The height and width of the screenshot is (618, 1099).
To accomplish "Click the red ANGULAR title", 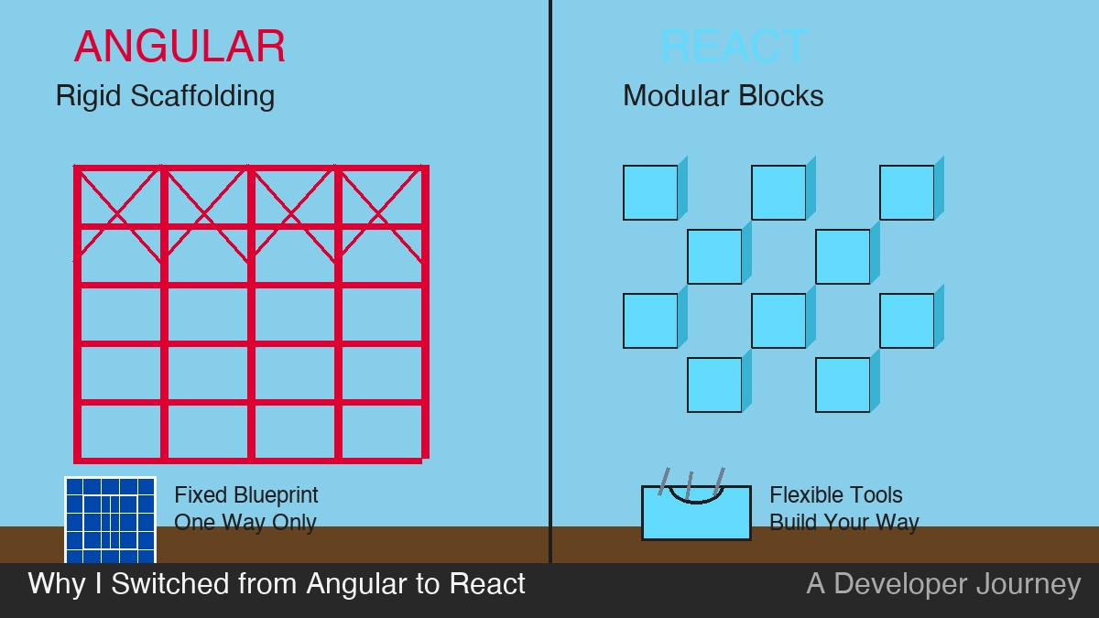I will tap(180, 46).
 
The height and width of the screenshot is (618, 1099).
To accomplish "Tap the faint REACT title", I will tap(734, 46).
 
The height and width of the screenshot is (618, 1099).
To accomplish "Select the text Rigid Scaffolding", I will tap(165, 95).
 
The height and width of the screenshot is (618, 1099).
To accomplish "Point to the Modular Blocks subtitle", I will tap(723, 95).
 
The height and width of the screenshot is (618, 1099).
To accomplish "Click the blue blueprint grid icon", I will tap(110, 520).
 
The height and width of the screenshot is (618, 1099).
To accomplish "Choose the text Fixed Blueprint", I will tap(246, 495).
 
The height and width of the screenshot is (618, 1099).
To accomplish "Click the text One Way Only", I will tap(245, 523).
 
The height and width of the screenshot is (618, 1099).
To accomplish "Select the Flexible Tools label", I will tap(835, 495).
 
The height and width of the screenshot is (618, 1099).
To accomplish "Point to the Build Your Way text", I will tap(843, 523).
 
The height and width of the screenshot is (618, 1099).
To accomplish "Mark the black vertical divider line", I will tap(550, 275).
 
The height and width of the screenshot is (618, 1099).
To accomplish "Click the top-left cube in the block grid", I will tap(650, 192).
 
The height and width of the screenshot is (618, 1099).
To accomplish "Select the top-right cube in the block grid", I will tap(907, 192).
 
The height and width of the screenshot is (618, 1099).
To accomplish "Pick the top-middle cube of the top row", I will tap(778, 192).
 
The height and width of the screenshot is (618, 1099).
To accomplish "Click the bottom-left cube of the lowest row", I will tap(714, 385).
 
